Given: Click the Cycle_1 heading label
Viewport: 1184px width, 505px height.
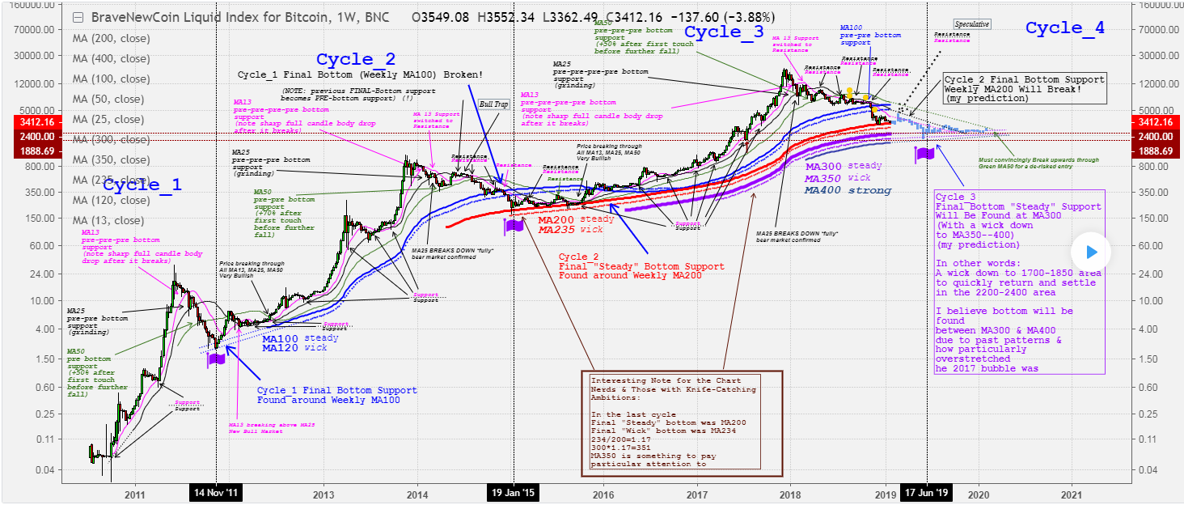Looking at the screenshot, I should [x=143, y=185].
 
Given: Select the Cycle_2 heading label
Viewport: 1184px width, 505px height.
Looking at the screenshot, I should [x=356, y=59].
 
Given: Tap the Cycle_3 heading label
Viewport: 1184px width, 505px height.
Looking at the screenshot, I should [x=724, y=32].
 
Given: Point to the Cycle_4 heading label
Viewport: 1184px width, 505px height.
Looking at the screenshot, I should [x=1064, y=28].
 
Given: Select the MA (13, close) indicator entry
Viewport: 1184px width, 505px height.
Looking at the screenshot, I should [x=109, y=220].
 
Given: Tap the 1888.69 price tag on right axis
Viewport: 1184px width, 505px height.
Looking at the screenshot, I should [x=1157, y=151].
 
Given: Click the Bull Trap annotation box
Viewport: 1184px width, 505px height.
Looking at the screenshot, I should [x=491, y=104].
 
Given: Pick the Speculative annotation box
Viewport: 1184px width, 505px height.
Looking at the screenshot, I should [x=971, y=24].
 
